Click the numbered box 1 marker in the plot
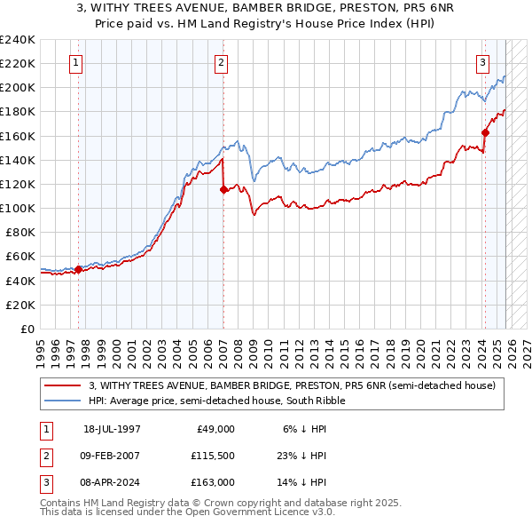[77, 62]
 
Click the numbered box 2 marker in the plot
[220, 62]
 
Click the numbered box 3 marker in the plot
[483, 62]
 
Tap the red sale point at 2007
[223, 189]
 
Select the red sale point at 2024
[485, 132]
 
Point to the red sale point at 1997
[79, 269]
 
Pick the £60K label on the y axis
[20, 257]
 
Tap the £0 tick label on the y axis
[27, 329]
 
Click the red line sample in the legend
[63, 385]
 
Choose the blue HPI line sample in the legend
[63, 401]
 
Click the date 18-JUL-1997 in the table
[112, 429]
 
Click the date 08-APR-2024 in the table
[112, 482]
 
